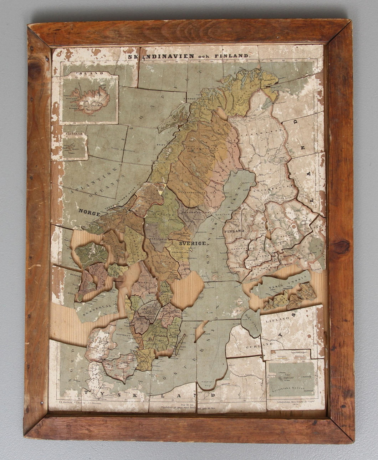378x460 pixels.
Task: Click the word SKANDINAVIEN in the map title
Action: (x=158, y=57)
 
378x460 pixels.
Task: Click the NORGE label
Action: (x=90, y=211)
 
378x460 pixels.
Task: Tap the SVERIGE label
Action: (x=193, y=243)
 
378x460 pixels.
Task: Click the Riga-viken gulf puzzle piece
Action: (x=251, y=322)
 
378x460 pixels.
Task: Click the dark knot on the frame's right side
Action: (x=341, y=246)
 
